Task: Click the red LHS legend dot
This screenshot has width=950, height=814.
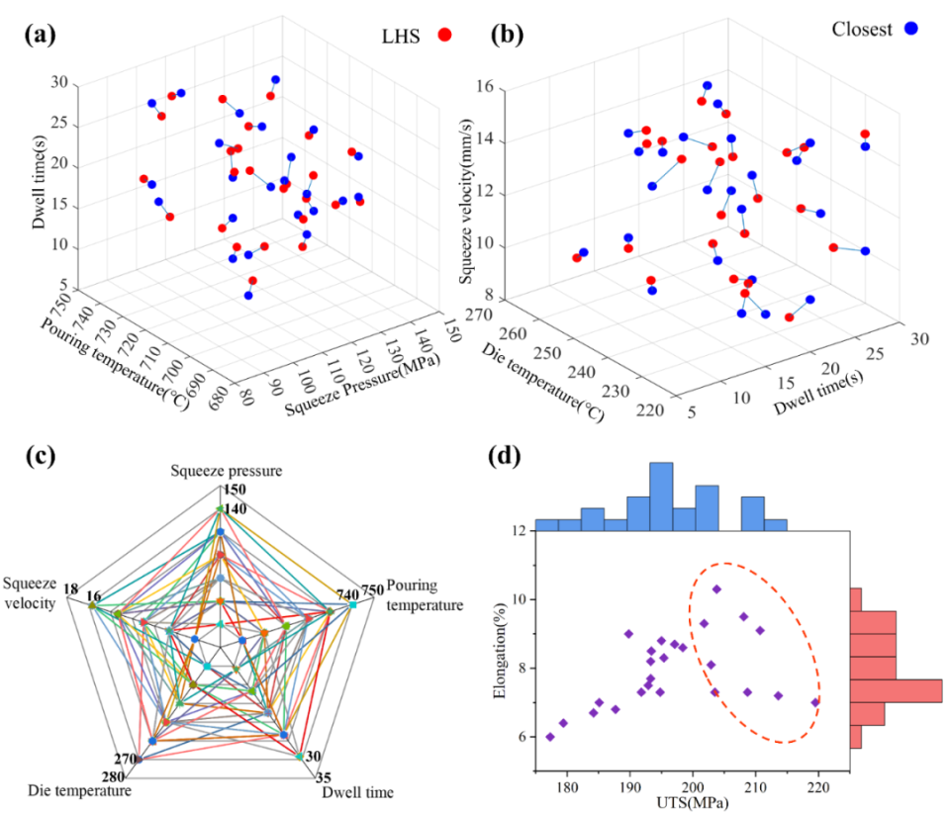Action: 445,36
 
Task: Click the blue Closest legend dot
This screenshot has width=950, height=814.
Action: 910,30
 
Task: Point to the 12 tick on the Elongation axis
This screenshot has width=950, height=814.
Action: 518,531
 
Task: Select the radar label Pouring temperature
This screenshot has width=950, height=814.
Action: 424,595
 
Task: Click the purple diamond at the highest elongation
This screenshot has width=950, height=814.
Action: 716,589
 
